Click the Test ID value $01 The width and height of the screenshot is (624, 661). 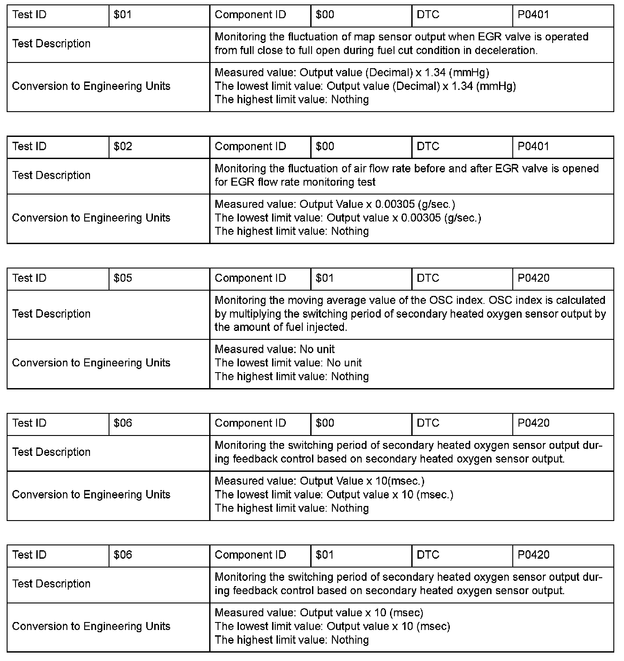tap(123, 15)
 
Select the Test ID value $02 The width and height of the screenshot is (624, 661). tap(123, 146)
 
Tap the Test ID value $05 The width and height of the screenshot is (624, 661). tap(123, 278)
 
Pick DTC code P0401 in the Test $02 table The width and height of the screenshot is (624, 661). tap(533, 146)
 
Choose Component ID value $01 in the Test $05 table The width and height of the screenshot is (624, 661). tap(325, 278)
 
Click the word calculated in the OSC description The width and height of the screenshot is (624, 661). tap(581, 300)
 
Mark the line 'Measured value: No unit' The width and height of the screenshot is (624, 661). tap(275, 349)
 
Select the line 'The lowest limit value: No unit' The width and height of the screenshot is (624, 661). tap(288, 363)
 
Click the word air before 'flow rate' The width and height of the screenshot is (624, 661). tap(361, 168)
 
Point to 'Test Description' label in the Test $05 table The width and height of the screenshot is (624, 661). tap(51, 314)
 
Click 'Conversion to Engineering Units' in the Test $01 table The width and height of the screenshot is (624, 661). tap(91, 86)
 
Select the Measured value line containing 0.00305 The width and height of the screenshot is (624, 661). tap(335, 204)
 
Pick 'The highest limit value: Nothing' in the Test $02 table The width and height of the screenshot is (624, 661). tap(292, 231)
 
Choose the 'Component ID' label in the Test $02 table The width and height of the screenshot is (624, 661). tap(250, 146)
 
